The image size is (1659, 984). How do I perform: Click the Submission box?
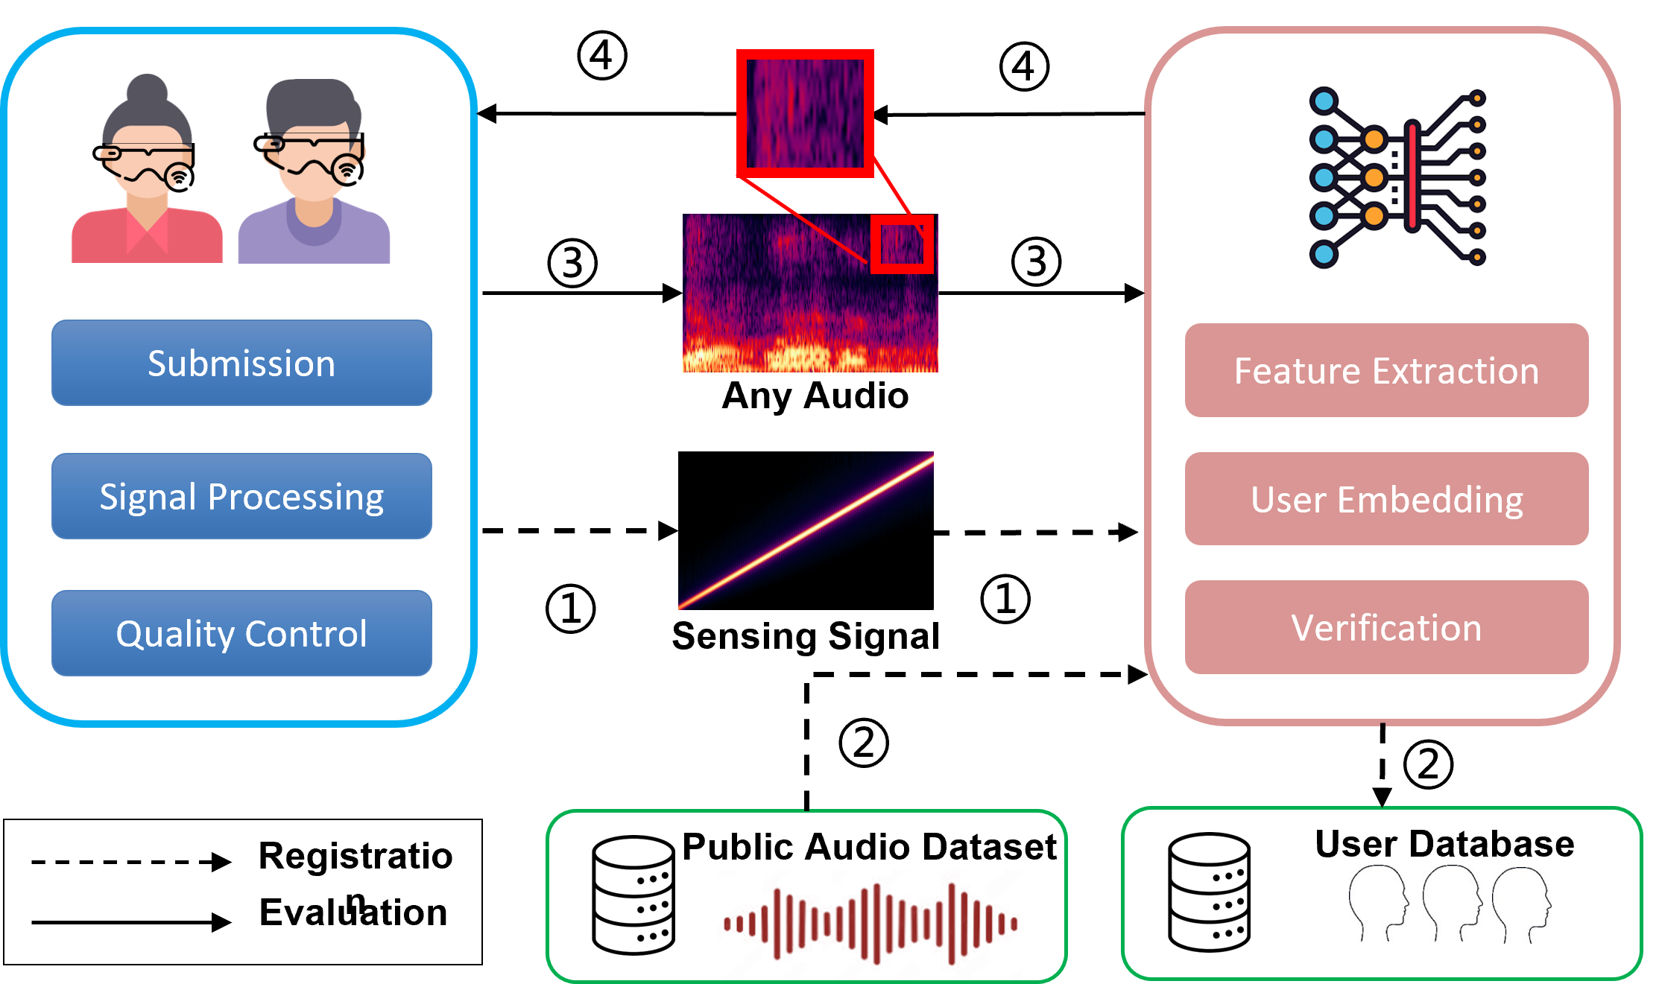point(241,363)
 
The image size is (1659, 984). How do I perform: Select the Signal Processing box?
point(241,496)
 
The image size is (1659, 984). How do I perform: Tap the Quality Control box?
point(241,633)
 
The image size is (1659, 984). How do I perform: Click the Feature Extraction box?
point(1386,370)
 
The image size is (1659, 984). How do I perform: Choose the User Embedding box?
point(1386,499)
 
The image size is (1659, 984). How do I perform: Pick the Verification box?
point(1386,627)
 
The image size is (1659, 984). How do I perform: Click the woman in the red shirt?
point(147,179)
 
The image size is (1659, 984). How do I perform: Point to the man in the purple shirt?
point(314,179)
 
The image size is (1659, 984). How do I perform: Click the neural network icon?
point(1397,177)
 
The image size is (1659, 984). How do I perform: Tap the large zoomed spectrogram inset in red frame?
point(805,113)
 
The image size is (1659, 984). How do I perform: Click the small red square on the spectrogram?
point(902,244)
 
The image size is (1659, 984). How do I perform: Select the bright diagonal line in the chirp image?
point(806,530)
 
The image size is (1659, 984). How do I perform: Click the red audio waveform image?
point(869,924)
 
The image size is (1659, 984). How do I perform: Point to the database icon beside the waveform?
point(633,895)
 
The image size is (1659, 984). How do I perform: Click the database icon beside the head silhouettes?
point(1209,892)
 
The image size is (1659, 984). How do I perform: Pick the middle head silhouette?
point(1452,903)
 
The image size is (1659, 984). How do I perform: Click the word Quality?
point(175,635)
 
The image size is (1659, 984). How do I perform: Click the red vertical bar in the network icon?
point(1412,177)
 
